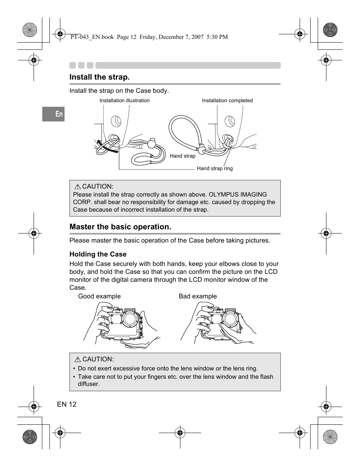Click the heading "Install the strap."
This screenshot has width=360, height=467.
click(x=99, y=77)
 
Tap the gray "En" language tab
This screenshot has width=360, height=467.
click(x=54, y=114)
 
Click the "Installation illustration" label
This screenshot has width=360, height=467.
click(x=125, y=101)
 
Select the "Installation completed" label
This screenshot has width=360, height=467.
click(x=227, y=101)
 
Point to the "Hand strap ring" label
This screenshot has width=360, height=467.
click(x=215, y=169)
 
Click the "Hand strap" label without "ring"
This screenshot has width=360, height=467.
click(x=183, y=156)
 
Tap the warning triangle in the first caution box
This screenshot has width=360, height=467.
click(x=78, y=187)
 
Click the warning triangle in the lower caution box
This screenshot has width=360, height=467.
click(x=78, y=359)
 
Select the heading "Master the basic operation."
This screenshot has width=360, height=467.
click(x=120, y=227)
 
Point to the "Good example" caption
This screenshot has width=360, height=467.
click(x=99, y=296)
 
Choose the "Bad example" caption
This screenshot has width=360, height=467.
click(x=198, y=296)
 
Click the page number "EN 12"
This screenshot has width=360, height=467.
click(x=67, y=404)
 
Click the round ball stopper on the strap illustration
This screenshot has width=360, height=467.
click(x=151, y=144)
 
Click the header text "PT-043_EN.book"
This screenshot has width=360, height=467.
click(x=92, y=37)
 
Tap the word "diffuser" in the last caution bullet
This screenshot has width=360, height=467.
click(x=88, y=384)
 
